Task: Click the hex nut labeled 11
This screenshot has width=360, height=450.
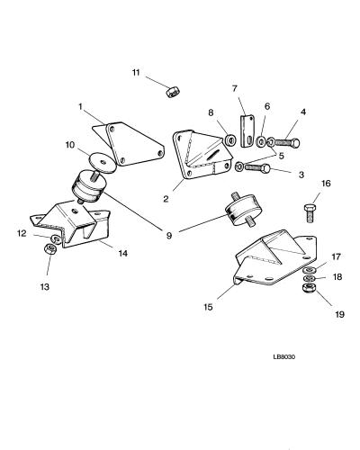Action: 173,91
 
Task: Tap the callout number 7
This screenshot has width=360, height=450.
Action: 235,88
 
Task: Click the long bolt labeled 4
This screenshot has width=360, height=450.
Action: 287,141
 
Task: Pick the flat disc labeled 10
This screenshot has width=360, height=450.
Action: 103,163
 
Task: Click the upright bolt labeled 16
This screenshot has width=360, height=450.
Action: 310,212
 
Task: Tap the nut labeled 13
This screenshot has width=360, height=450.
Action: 49,248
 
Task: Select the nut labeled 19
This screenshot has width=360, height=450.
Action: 309,288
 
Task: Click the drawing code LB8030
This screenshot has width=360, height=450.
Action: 283,357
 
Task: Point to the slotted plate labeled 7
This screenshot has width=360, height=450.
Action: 247,131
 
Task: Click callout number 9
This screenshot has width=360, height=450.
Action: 169,236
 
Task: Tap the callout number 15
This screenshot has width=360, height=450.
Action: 208,307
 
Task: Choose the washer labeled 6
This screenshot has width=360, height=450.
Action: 260,141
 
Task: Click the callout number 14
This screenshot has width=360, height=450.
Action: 122,253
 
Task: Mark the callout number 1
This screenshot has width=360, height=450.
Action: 80,106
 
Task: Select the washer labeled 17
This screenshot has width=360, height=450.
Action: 309,269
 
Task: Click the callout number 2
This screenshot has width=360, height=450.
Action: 166,199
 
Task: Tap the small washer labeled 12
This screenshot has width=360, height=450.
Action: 56,239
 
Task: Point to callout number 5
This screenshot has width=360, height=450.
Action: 281,156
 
